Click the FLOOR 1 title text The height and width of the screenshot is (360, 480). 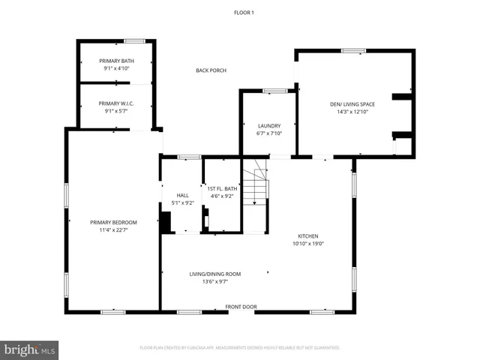click(x=244, y=13)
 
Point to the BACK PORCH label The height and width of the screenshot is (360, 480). click(x=211, y=70)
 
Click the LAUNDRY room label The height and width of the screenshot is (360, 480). click(x=268, y=126)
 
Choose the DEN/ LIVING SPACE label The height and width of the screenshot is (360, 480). click(x=352, y=104)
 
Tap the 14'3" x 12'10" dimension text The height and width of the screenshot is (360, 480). click(x=352, y=112)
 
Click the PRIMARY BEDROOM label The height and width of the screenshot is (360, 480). click(x=113, y=222)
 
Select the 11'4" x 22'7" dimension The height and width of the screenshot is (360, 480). click(x=113, y=229)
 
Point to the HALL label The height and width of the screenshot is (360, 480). click(x=182, y=195)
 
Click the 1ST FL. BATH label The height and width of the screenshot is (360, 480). click(x=221, y=189)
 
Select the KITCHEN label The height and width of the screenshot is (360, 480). click(x=308, y=235)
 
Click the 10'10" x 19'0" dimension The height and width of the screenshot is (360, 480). click(x=308, y=243)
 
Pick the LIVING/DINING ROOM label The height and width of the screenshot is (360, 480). click(x=214, y=274)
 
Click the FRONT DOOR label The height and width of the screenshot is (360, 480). click(x=241, y=307)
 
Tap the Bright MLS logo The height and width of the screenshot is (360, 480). click(x=30, y=349)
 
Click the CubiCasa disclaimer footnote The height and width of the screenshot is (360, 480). click(x=240, y=348)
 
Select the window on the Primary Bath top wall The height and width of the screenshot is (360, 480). click(x=134, y=40)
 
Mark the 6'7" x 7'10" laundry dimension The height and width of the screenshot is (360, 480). click(x=268, y=133)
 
